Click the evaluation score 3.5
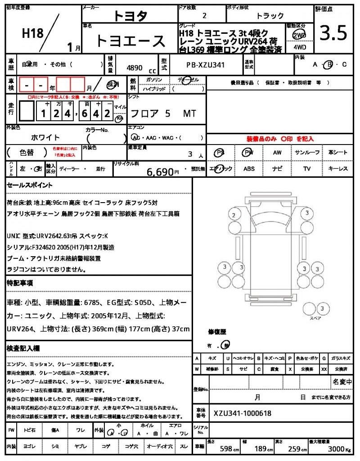[x=333, y=33]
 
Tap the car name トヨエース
[x=130, y=41]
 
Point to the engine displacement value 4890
[x=135, y=68]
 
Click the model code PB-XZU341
[x=205, y=65]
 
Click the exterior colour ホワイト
[x=45, y=137]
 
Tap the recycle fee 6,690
[x=160, y=172]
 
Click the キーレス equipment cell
[x=337, y=169]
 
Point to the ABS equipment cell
[x=249, y=169]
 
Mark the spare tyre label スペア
[x=315, y=318]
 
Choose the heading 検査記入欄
[x=23, y=348]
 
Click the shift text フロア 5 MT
[x=162, y=113]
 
